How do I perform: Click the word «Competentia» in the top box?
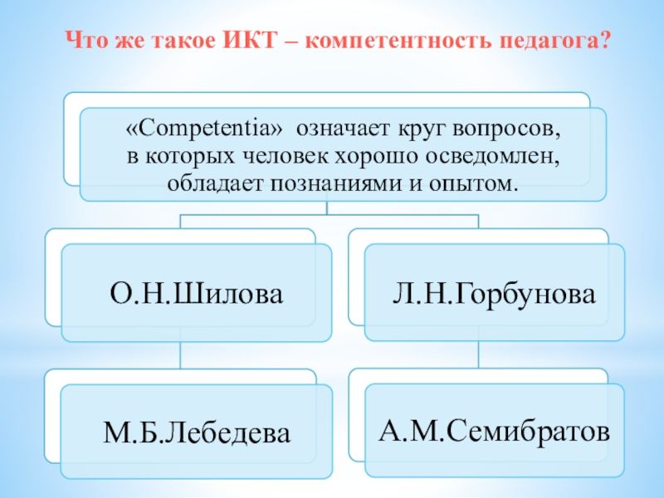click(205, 130)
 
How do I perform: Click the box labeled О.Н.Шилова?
click(196, 293)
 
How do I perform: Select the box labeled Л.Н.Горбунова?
click(495, 293)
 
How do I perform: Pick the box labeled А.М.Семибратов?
click(495, 431)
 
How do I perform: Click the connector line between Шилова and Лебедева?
click(180, 357)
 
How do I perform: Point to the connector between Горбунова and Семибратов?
click(479, 356)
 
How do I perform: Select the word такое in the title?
click(187, 40)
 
